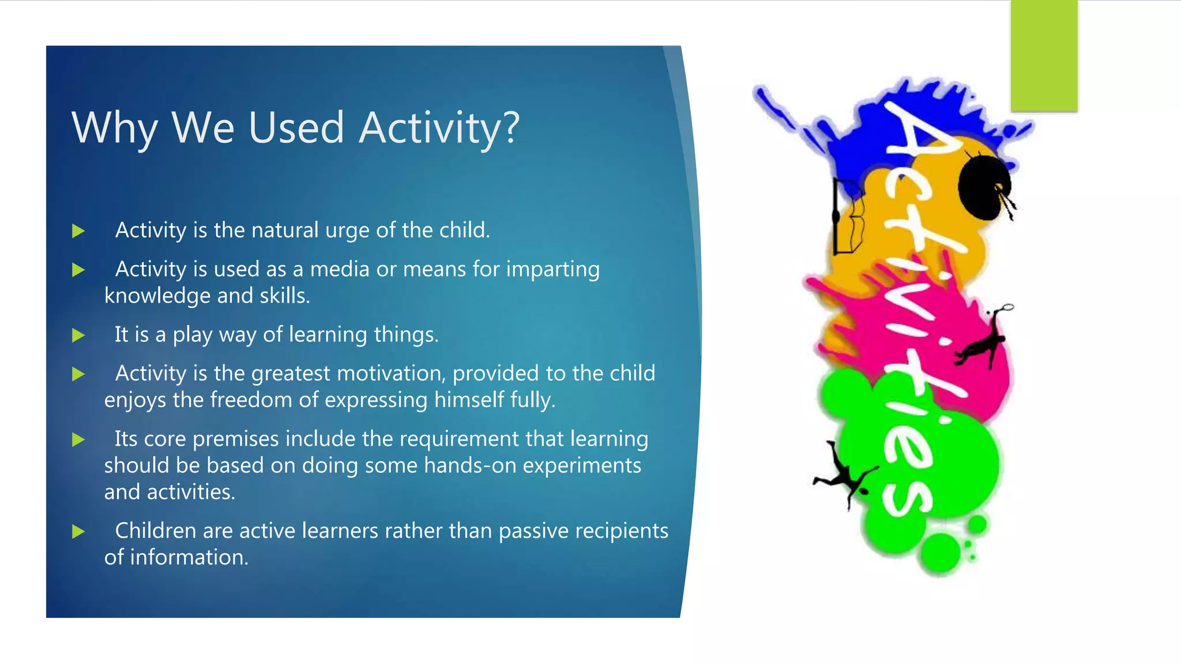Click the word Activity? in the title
click(439, 128)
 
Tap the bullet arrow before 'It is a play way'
click(78, 335)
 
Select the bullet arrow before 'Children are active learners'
click(78, 531)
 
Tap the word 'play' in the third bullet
click(193, 335)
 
